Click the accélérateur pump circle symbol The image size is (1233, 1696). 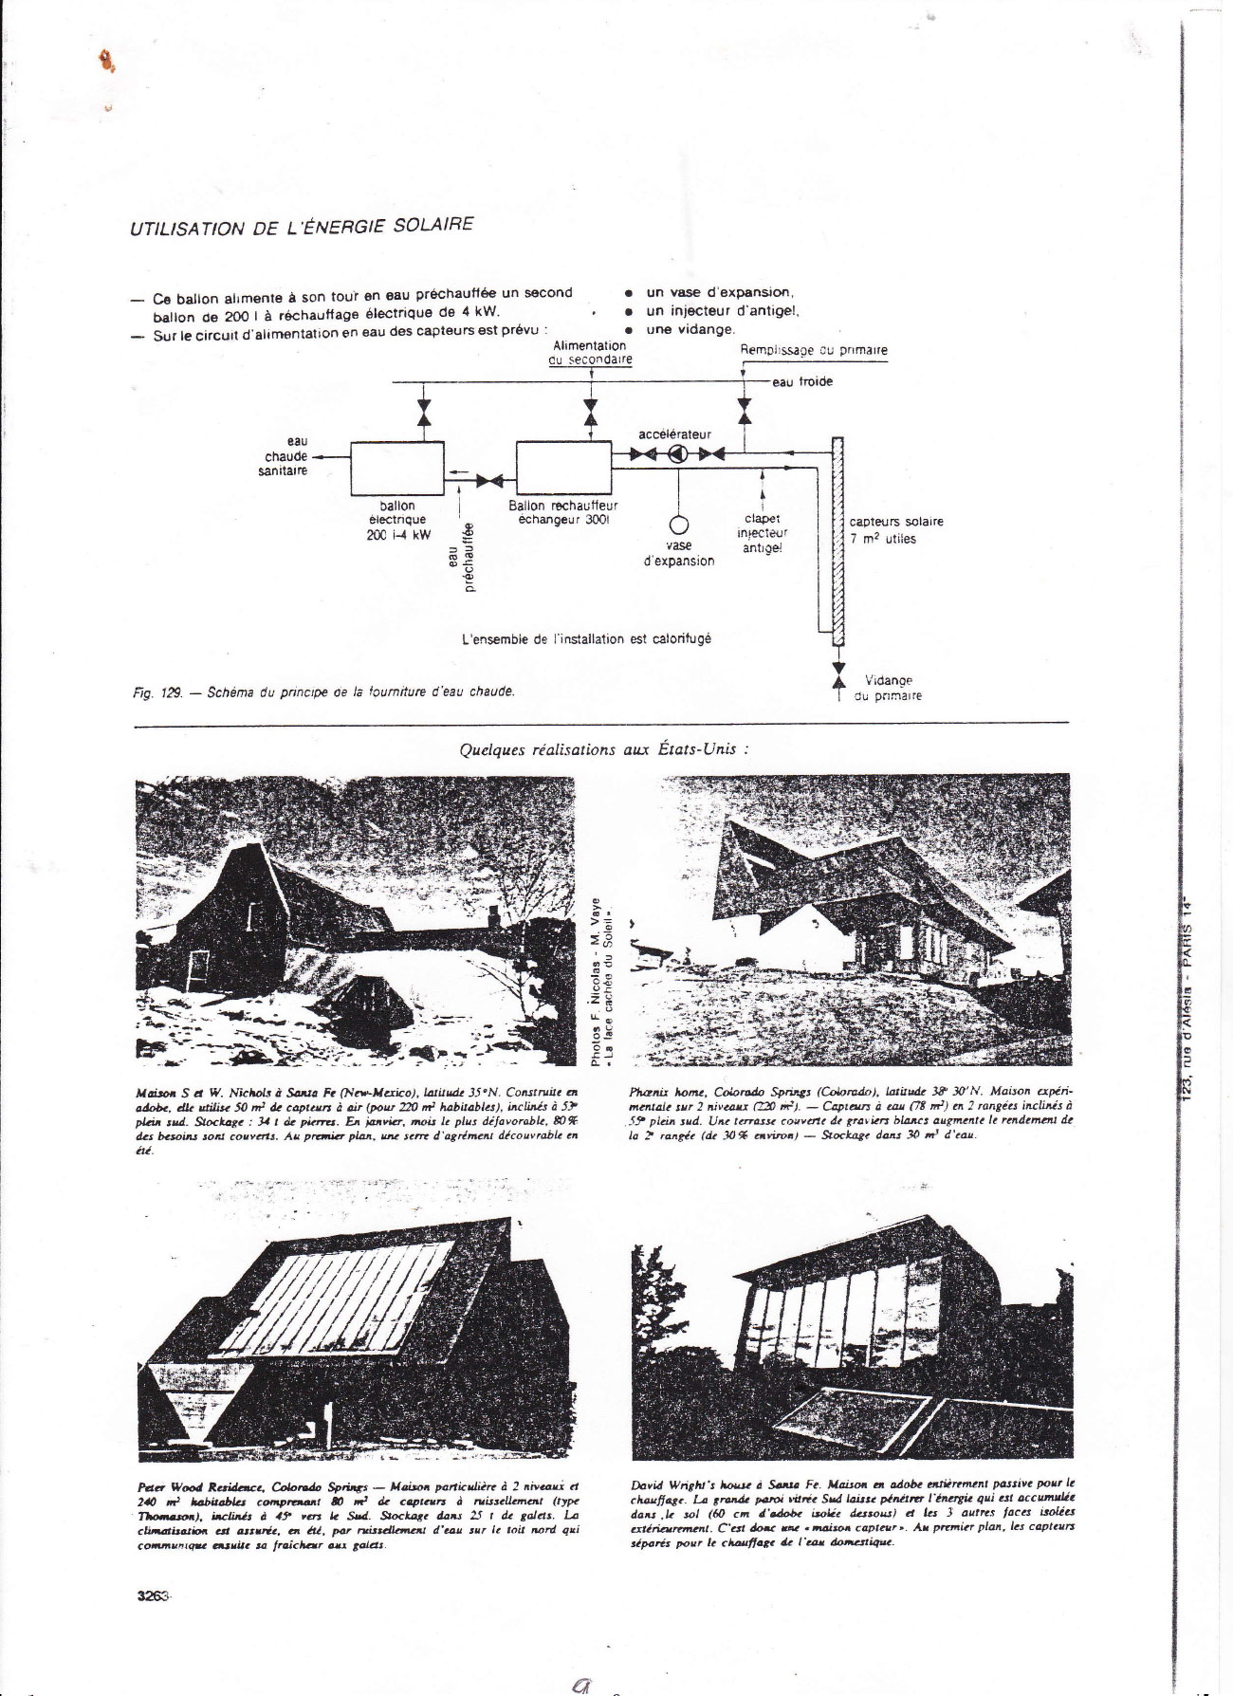pyautogui.click(x=678, y=453)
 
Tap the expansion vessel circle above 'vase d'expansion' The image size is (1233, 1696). pyautogui.click(x=678, y=525)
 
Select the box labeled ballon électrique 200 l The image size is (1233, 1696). pyautogui.click(x=398, y=468)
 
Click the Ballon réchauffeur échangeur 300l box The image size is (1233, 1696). pyautogui.click(x=563, y=468)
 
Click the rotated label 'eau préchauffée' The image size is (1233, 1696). pyautogui.click(x=460, y=560)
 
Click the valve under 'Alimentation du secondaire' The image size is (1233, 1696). pyautogui.click(x=591, y=412)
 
